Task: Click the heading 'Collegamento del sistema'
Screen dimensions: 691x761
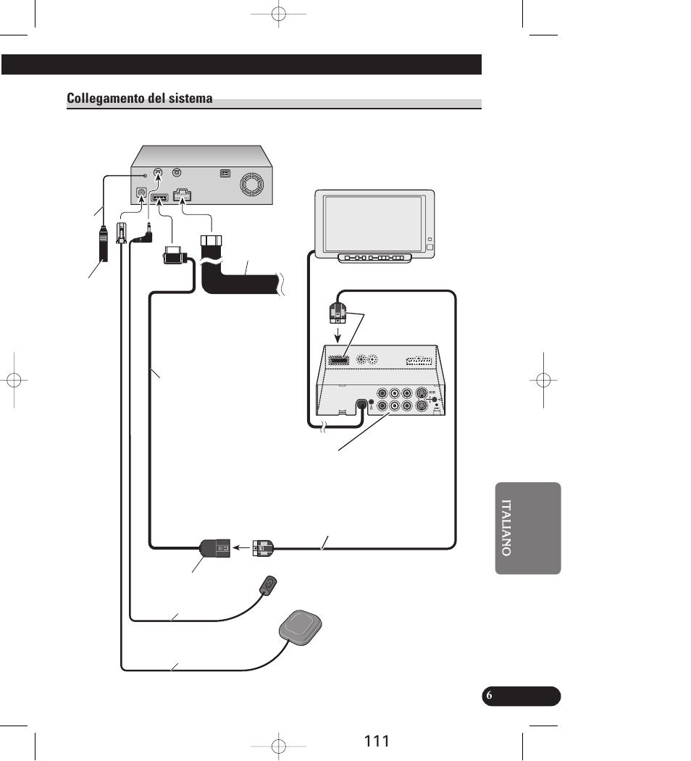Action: point(139,98)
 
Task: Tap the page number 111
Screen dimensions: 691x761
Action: point(377,741)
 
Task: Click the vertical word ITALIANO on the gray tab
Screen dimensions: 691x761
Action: point(506,528)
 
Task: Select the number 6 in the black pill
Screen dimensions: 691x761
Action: point(489,696)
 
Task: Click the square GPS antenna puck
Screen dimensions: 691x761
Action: point(300,628)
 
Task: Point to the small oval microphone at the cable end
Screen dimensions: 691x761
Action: point(267,584)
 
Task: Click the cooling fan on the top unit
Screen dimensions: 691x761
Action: point(252,185)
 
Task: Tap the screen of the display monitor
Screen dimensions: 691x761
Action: point(372,224)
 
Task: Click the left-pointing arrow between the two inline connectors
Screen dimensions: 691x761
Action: point(241,548)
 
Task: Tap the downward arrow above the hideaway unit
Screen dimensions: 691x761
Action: point(338,335)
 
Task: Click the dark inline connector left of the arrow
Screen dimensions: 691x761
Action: point(214,548)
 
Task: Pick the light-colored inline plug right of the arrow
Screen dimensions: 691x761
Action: point(263,548)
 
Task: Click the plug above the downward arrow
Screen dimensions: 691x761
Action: point(338,313)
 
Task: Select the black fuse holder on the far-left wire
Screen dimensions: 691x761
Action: point(103,243)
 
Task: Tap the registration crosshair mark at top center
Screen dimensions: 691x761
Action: point(279,14)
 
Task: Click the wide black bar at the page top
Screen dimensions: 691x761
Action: point(241,64)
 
